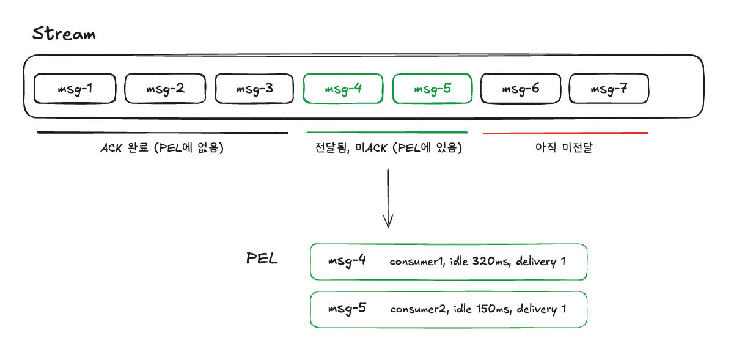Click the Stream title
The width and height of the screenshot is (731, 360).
pos(64,33)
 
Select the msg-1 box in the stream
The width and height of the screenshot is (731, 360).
pos(75,89)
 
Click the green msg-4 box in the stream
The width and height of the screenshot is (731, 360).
pos(343,89)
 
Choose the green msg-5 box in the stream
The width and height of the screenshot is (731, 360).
pos(432,89)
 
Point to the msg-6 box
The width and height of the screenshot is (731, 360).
pos(521,89)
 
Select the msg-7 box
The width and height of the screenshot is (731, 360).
pos(609,89)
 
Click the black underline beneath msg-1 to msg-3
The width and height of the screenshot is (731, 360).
pos(162,133)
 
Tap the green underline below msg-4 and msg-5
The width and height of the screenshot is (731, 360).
pos(387,132)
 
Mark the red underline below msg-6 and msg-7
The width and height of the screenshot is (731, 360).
pos(565,133)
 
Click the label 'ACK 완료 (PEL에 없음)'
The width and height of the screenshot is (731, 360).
pos(161,148)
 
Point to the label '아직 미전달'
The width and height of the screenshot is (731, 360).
pos(563,148)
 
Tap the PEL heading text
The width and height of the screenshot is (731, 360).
pos(262,259)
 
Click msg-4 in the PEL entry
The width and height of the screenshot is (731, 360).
pos(347,261)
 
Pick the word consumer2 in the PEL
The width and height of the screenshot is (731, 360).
pos(419,309)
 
